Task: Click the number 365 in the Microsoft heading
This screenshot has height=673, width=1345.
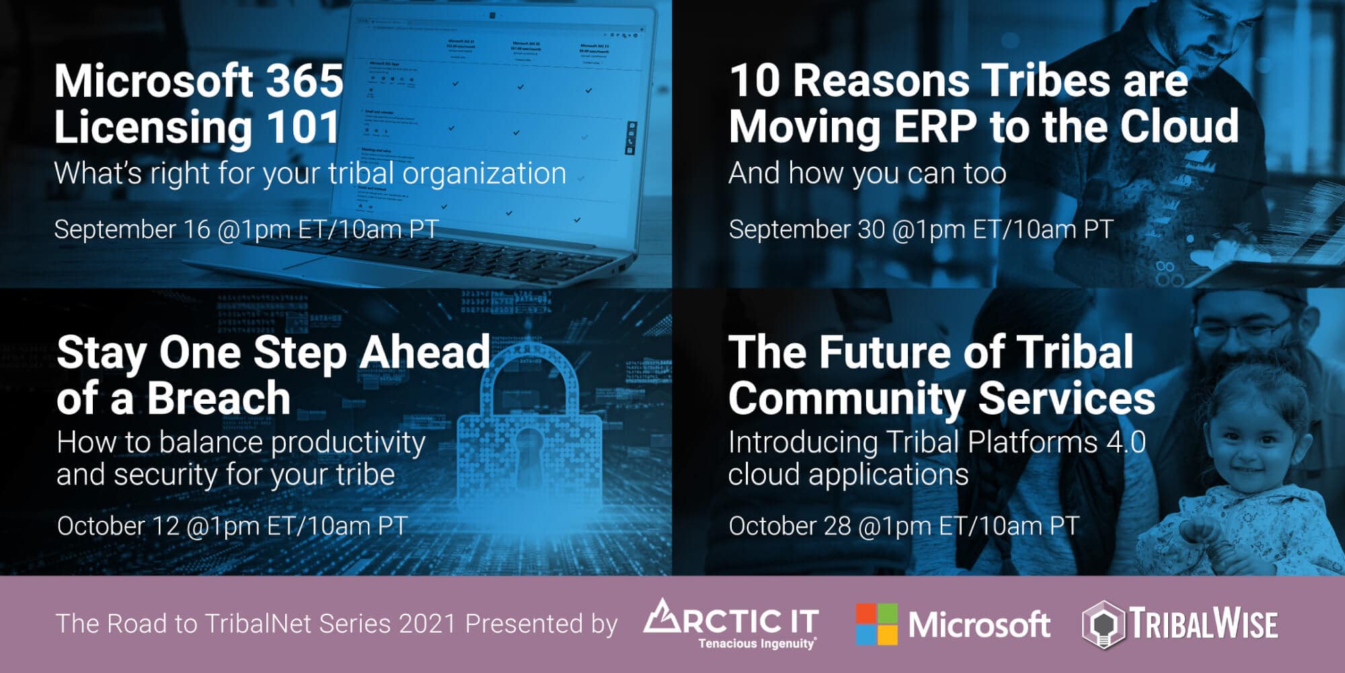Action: pos(305,81)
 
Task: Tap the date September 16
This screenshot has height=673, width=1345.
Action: pos(132,229)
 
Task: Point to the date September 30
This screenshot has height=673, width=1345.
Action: pos(807,229)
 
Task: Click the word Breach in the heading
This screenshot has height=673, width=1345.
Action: pos(219,398)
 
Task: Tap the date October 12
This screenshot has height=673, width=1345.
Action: pos(118,526)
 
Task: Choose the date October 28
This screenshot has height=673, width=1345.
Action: pos(790,526)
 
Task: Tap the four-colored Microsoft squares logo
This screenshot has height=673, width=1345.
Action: pos(876,624)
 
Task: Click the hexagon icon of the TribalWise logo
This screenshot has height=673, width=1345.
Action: pos(1102,625)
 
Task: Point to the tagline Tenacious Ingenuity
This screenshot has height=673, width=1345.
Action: pos(757,643)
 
